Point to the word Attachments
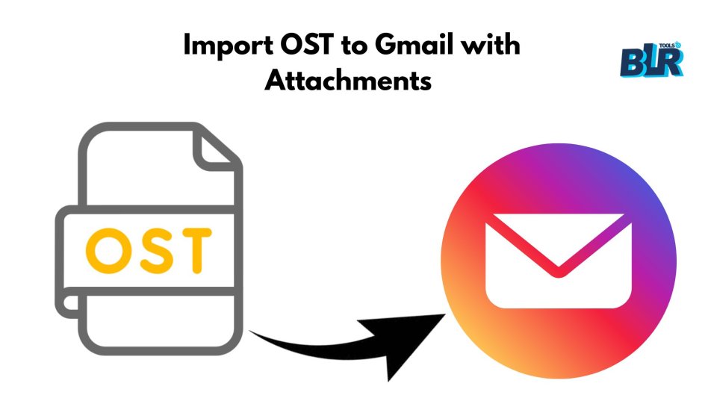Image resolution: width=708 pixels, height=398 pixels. [x=348, y=81]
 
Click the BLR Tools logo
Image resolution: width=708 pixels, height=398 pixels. [x=652, y=60]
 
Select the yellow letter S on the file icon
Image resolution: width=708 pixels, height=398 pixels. [x=154, y=250]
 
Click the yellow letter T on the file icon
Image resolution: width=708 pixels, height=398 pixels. [x=195, y=251]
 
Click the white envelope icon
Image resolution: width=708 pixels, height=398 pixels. [x=559, y=261]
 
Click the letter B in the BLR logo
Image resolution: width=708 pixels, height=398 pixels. [x=630, y=62]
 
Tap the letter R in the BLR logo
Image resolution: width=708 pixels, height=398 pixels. [x=671, y=61]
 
